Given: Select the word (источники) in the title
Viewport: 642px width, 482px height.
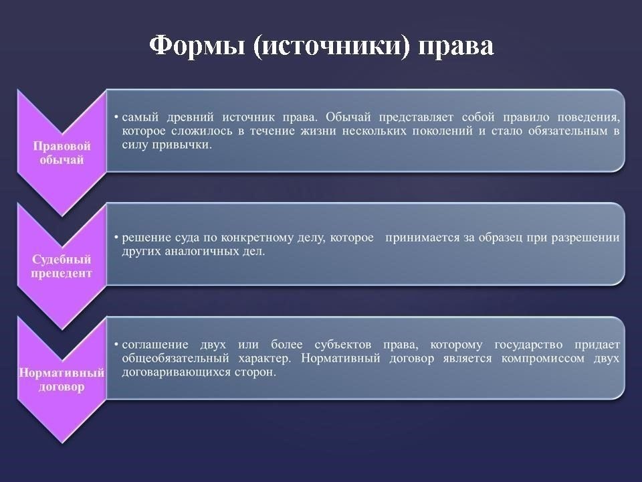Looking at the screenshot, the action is pyautogui.click(x=331, y=46).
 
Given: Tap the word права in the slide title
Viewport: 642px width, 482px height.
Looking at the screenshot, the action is pyautogui.click(x=455, y=47).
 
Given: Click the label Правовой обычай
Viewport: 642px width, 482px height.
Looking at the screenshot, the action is pyautogui.click(x=62, y=153).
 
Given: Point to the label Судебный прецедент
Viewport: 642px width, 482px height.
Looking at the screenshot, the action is pyautogui.click(x=62, y=266).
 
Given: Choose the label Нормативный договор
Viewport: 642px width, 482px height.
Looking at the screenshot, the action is pyautogui.click(x=62, y=380).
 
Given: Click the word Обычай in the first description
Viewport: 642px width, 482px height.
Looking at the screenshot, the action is pyautogui.click(x=348, y=117).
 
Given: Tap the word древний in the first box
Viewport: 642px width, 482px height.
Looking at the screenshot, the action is pyautogui.click(x=190, y=118).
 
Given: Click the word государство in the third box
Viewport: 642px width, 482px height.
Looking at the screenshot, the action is pyautogui.click(x=528, y=345).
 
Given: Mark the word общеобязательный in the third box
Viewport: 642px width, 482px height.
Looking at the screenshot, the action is pyautogui.click(x=175, y=359).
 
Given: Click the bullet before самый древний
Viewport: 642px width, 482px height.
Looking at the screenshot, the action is pyautogui.click(x=116, y=118).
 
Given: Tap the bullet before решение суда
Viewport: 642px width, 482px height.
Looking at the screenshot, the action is pyautogui.click(x=116, y=238).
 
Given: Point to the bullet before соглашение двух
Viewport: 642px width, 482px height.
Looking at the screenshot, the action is pyautogui.click(x=116, y=345).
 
